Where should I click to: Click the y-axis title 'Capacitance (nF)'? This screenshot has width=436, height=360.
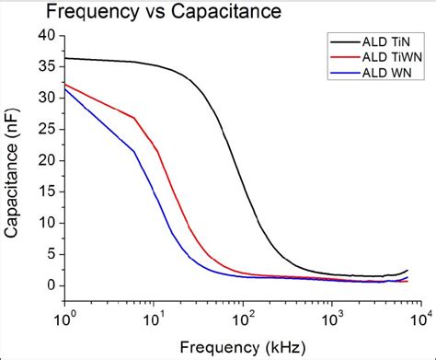(x=14, y=163)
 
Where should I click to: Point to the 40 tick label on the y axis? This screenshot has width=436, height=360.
(x=46, y=35)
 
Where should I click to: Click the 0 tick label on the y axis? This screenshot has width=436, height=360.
(x=50, y=285)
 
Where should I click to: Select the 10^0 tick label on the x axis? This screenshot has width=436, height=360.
(x=64, y=317)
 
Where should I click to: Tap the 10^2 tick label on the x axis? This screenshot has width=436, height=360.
(x=243, y=317)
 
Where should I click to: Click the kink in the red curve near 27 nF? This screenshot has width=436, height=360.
(x=134, y=118)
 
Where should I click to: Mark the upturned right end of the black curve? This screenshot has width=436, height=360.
(x=407, y=271)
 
